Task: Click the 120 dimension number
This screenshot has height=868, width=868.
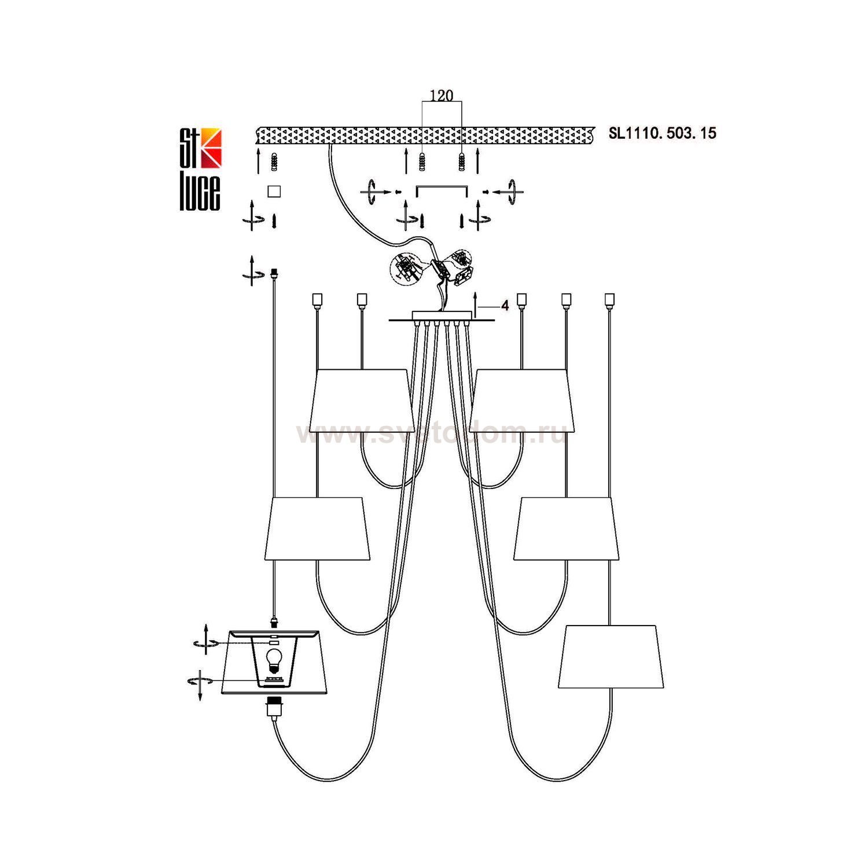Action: (442, 95)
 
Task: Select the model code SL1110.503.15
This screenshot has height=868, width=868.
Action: (662, 133)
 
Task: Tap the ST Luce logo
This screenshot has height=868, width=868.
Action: (200, 168)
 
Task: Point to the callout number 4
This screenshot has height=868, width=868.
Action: (505, 306)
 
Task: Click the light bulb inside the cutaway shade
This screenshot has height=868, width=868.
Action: (274, 659)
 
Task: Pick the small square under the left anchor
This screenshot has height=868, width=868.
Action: (274, 191)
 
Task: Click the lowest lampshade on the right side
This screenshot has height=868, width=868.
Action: (611, 657)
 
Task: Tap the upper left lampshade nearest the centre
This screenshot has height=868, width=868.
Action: (362, 400)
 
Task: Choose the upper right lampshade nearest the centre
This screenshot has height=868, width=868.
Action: (521, 400)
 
